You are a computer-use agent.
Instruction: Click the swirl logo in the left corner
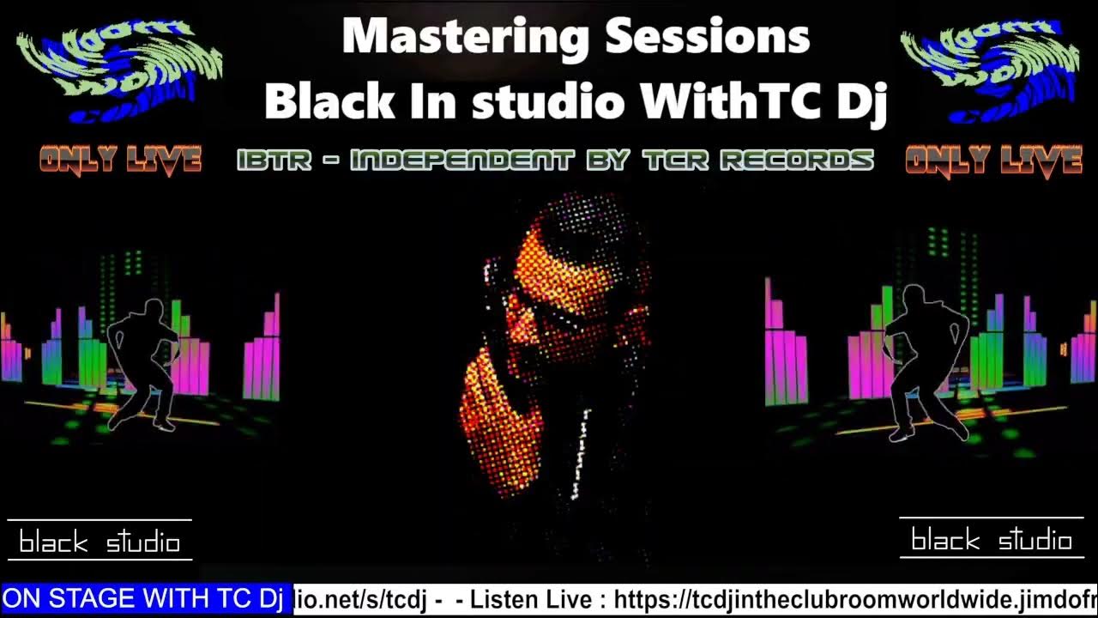[118, 71]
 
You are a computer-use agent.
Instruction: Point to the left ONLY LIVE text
[120, 160]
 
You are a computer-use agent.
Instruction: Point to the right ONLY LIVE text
[993, 160]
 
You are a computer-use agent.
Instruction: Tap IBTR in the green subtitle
[274, 161]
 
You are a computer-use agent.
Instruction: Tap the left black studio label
[100, 542]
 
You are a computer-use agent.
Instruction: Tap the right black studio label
[992, 541]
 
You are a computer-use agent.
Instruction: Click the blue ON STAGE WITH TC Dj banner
[144, 599]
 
